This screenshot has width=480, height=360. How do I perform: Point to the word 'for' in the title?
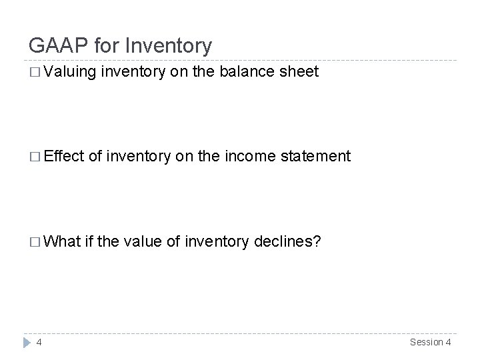pos(103,45)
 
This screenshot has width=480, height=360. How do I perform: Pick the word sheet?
pos(299,71)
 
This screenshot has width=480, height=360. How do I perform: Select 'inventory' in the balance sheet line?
pos(133,71)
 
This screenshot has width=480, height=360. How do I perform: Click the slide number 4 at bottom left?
pos(39,343)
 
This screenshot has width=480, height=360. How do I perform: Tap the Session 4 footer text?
pos(430,343)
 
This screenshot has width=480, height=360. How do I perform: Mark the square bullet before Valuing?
pos(34,72)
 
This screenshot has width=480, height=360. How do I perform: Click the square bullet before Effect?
pos(34,157)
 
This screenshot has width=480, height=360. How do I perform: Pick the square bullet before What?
pos(34,241)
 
